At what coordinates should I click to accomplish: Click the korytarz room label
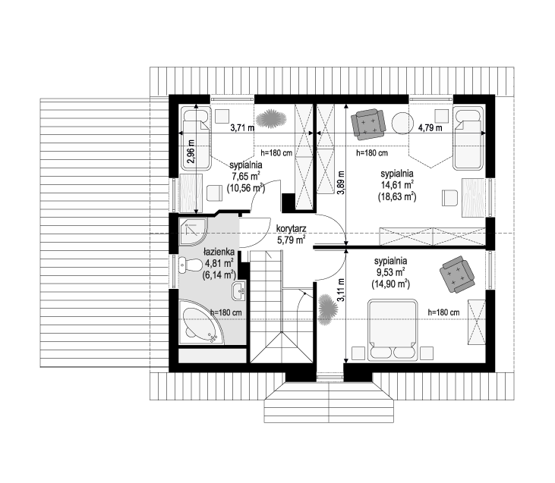(x=292, y=228)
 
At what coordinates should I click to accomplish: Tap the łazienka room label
(x=219, y=252)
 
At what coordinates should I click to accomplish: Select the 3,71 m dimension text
(x=242, y=127)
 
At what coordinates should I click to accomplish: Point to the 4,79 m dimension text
(x=430, y=127)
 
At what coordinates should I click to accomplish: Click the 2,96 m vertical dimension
(x=191, y=152)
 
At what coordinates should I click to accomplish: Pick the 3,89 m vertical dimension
(x=340, y=183)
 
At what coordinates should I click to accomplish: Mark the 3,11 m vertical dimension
(x=340, y=290)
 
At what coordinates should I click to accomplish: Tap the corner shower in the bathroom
(x=192, y=231)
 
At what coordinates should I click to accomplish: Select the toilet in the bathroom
(x=190, y=265)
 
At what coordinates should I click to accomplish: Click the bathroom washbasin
(x=239, y=290)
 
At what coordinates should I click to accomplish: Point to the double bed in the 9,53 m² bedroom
(x=392, y=331)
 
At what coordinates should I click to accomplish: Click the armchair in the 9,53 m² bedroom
(x=457, y=274)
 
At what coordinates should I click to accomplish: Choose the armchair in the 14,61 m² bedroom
(x=367, y=123)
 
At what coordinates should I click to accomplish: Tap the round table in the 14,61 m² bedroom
(x=402, y=123)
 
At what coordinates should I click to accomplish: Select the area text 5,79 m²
(x=292, y=240)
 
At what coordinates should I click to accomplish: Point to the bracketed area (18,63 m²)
(x=397, y=196)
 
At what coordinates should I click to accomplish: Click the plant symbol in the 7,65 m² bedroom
(x=271, y=118)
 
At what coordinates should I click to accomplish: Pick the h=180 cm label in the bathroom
(x=226, y=313)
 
